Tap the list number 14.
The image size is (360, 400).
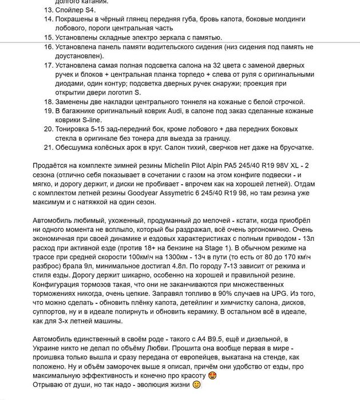coord(48,19)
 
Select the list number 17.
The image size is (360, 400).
coord(48,66)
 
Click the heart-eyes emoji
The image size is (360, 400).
coord(212,376)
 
